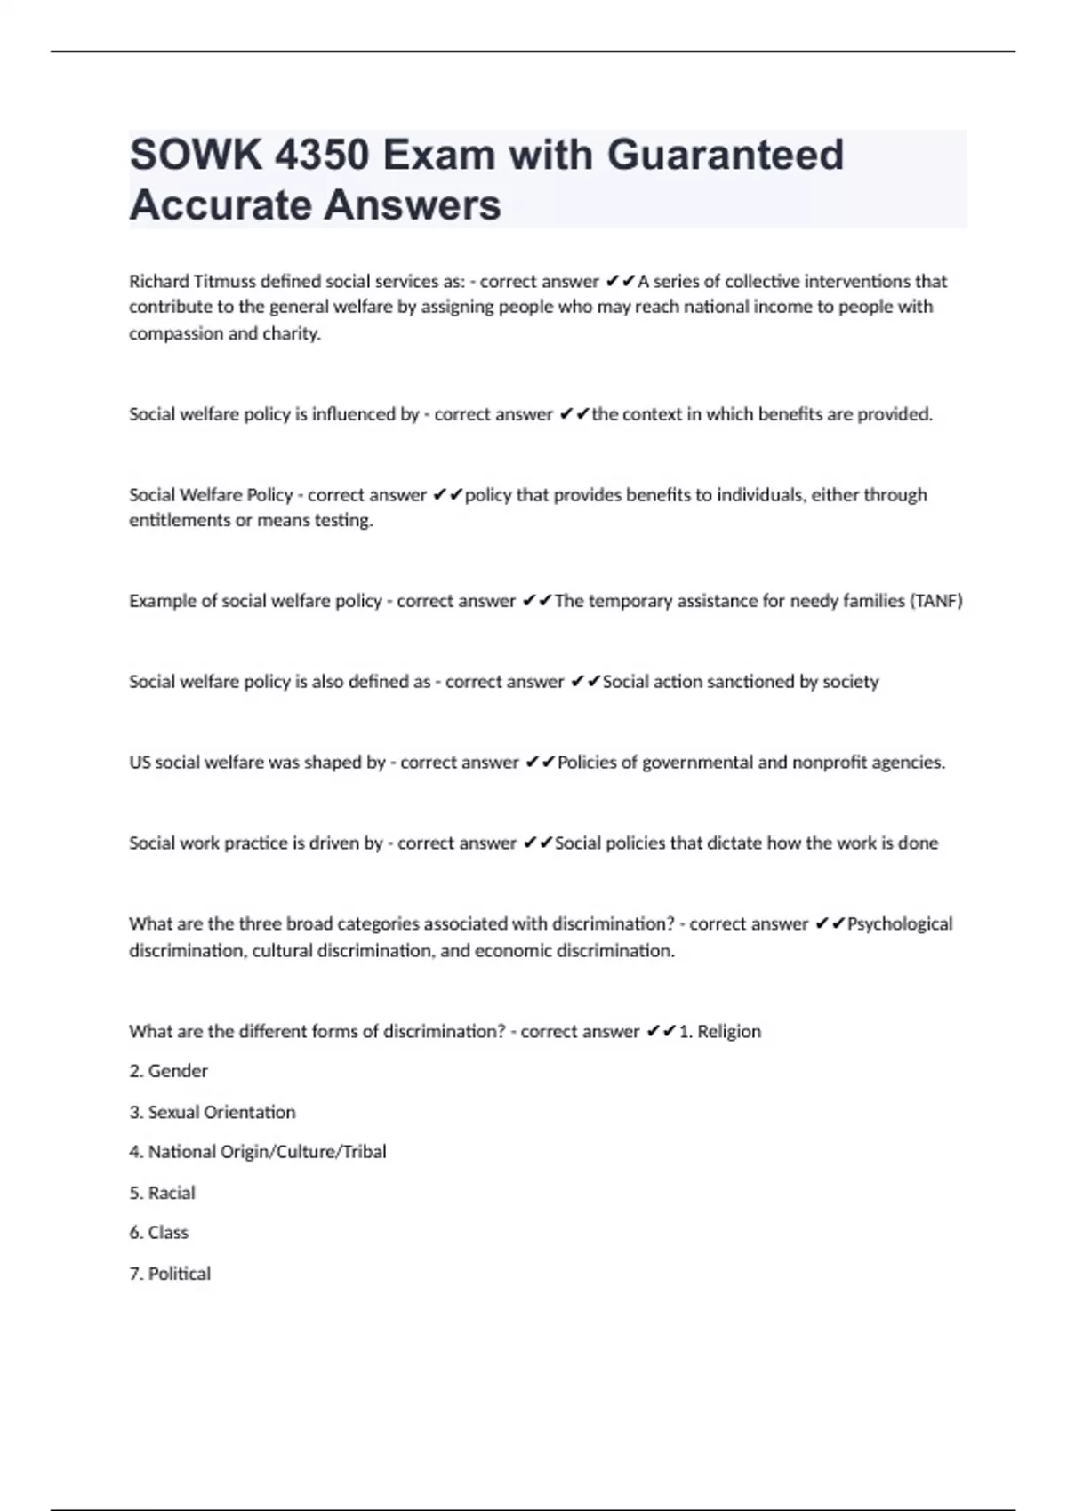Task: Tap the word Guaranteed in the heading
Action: pos(726,156)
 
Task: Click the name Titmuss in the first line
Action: pos(226,282)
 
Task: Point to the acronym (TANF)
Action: pos(935,601)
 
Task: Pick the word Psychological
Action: pos(900,924)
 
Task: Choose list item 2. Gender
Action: pos(169,1071)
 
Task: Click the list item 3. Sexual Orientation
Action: pos(213,1112)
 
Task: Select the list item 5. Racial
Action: pos(163,1193)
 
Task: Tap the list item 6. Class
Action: pos(159,1233)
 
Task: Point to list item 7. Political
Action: pos(170,1274)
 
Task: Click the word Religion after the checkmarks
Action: pos(729,1032)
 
